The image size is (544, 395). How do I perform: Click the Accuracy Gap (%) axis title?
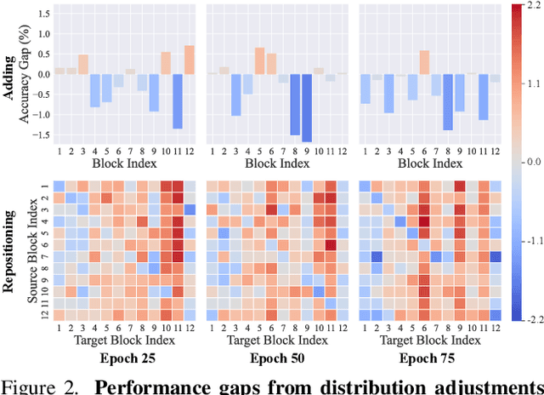(x=25, y=74)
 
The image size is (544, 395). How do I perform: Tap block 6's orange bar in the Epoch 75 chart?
(x=424, y=62)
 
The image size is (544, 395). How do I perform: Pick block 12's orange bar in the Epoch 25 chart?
(x=189, y=60)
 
